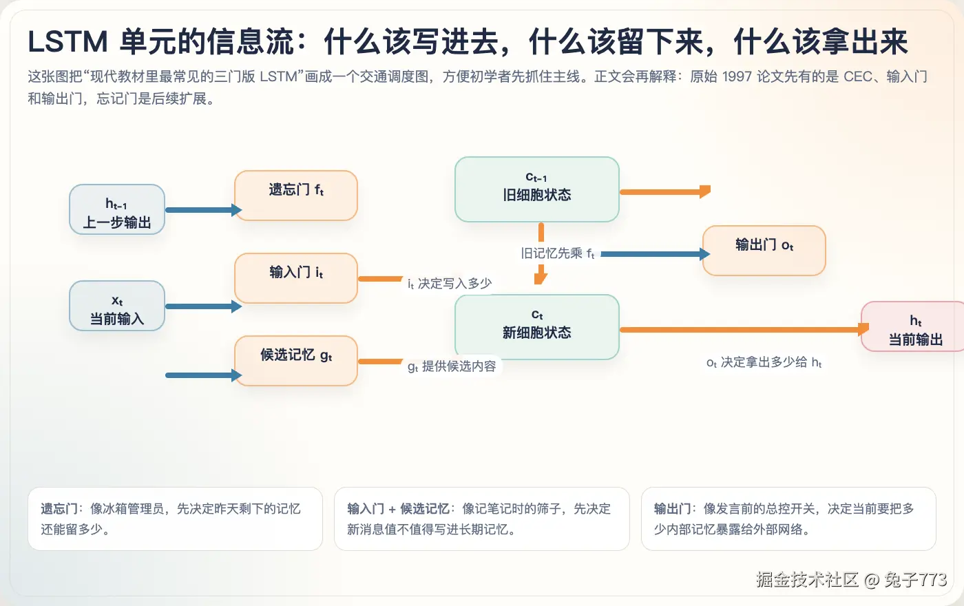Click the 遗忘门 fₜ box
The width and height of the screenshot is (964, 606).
click(296, 196)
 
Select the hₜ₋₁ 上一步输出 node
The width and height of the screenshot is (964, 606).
click(117, 209)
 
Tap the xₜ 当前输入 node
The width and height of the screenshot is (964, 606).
click(117, 306)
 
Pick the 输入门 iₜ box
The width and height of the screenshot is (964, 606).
click(296, 278)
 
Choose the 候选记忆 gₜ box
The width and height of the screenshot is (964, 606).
click(296, 361)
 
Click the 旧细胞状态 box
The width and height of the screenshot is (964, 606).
click(537, 189)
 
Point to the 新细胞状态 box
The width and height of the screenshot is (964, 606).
click(537, 327)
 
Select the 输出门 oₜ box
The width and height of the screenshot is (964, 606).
click(764, 251)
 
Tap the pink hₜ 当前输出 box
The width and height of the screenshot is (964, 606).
click(914, 326)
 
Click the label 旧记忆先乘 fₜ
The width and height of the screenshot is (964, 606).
click(558, 253)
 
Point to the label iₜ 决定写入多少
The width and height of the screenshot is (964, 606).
click(450, 284)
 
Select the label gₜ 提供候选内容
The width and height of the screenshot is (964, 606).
click(452, 366)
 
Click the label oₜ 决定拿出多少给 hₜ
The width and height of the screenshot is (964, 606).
click(764, 362)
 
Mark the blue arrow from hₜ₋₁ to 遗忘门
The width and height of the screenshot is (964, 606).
click(202, 210)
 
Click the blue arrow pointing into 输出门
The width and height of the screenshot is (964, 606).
click(654, 254)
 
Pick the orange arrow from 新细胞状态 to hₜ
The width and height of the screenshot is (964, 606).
click(740, 330)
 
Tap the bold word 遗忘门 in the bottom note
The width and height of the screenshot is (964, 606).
click(59, 509)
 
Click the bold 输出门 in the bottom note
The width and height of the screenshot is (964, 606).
click(672, 509)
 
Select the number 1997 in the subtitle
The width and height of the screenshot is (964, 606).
click(737, 76)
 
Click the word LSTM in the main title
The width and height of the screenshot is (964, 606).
click(67, 43)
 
